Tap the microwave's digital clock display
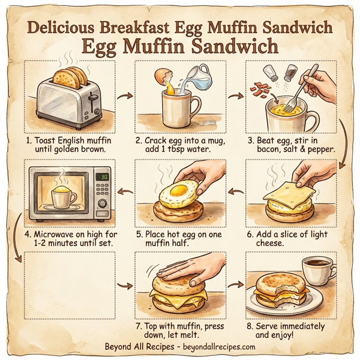pos(102,178)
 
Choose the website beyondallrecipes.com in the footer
pos(217,347)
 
